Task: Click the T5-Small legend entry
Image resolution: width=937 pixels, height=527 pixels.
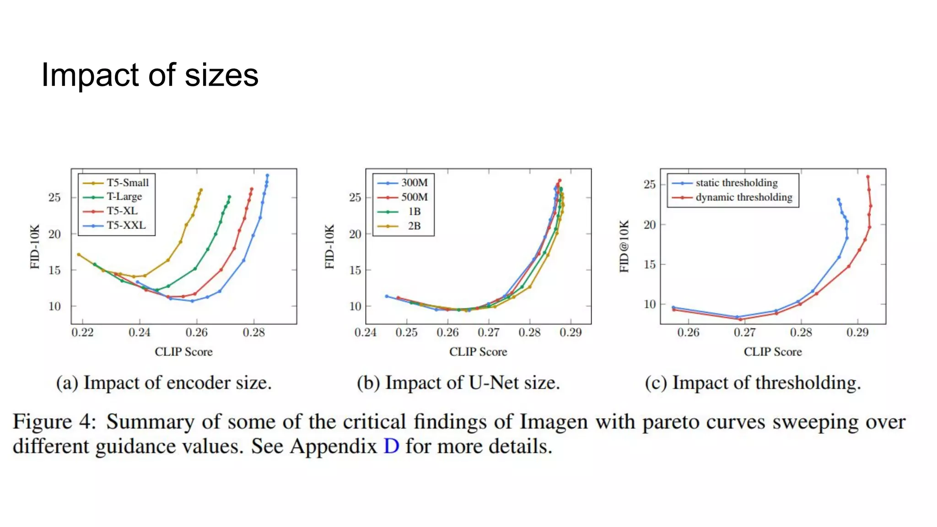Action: tap(127, 183)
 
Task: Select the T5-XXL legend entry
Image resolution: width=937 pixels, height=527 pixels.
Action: tap(126, 225)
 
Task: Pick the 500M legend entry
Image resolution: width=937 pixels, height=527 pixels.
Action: tap(414, 197)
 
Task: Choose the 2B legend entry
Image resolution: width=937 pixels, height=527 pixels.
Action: tap(414, 226)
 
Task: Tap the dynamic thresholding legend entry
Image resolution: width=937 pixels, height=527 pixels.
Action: tap(743, 197)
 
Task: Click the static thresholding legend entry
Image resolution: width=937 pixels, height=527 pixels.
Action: tap(736, 183)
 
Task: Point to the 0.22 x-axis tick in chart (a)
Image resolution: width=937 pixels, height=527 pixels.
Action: tap(82, 333)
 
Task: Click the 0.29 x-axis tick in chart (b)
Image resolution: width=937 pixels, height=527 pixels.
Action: tap(571, 333)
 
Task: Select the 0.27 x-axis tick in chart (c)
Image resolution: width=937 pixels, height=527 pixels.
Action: tap(745, 333)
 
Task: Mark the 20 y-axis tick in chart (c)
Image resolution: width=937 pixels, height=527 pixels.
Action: tap(650, 225)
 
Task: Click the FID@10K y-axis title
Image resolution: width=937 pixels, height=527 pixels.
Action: tap(625, 246)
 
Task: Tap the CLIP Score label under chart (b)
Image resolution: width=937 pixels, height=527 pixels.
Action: tap(478, 352)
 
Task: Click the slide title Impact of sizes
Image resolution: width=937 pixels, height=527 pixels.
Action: tap(150, 75)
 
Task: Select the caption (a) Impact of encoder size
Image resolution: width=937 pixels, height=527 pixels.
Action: tap(164, 383)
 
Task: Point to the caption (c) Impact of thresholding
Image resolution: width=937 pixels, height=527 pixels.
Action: tap(753, 383)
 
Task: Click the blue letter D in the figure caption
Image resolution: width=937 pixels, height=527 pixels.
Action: tap(391, 446)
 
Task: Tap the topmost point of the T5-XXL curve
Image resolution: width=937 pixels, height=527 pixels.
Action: tap(268, 175)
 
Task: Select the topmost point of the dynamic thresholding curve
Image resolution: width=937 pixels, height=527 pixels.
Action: tap(868, 177)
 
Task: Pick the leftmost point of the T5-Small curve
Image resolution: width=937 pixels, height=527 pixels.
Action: tap(79, 254)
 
